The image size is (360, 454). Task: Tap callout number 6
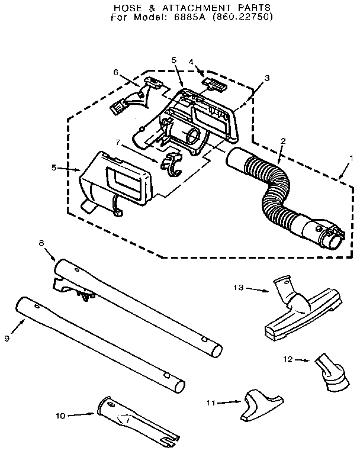(115, 72)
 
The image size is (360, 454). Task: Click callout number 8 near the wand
(41, 242)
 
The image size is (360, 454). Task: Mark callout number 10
(60, 416)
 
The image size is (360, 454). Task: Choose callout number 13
(238, 288)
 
